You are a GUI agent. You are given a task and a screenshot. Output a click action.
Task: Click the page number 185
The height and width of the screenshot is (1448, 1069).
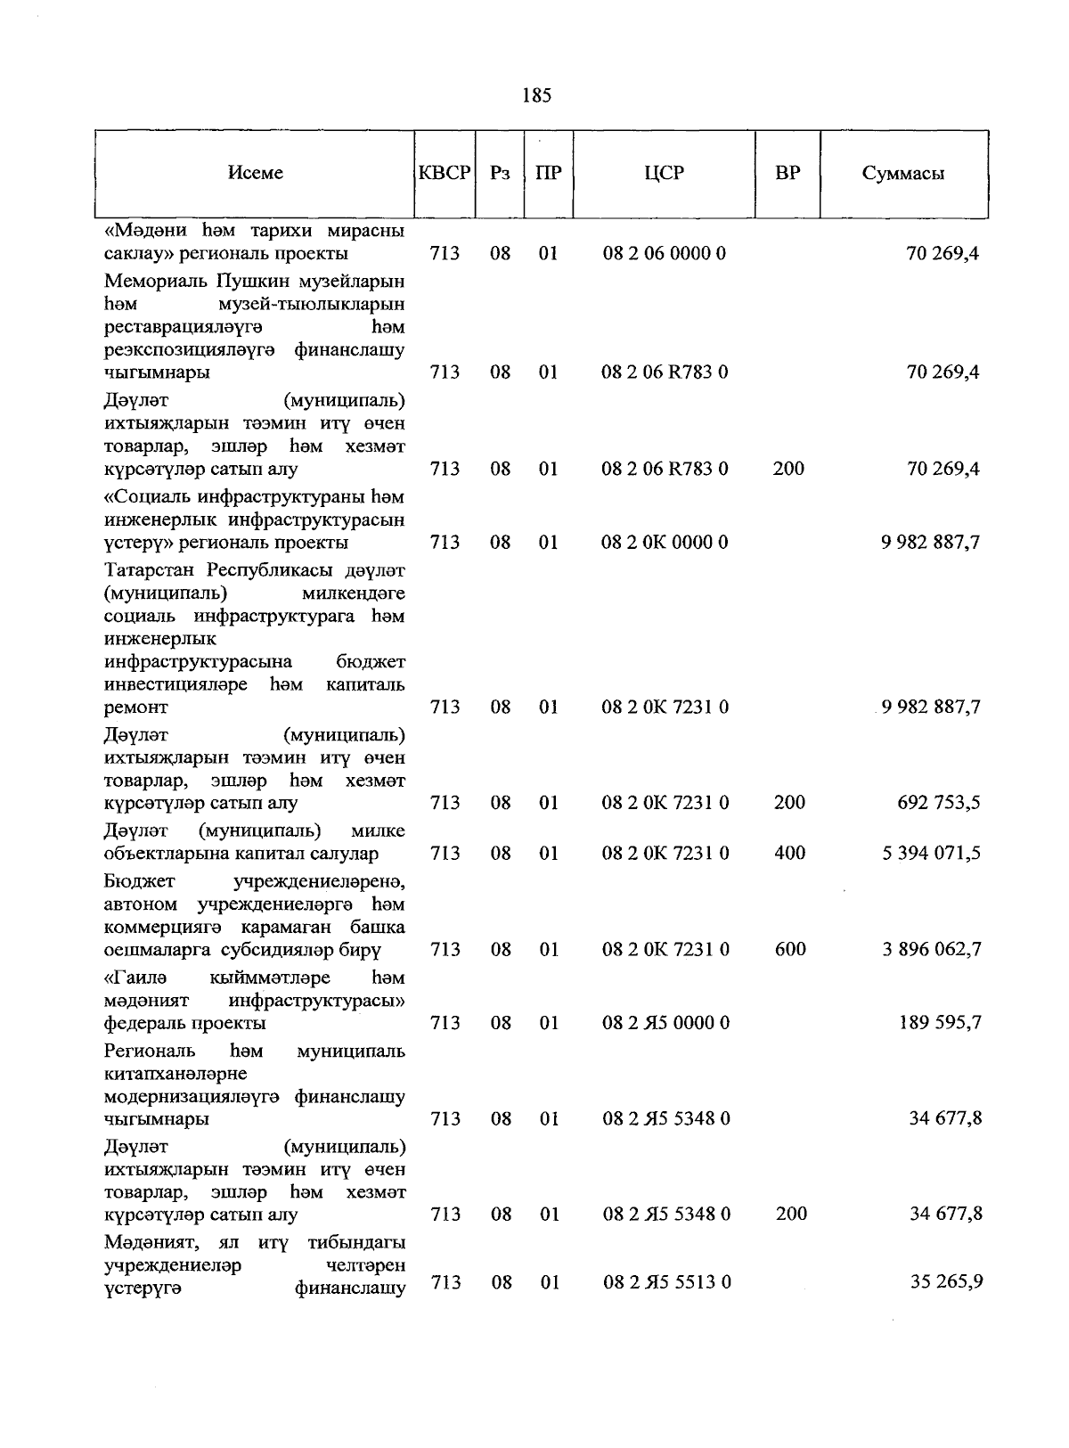(x=537, y=95)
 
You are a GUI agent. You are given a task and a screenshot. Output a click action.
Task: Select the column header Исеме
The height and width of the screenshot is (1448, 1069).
(x=256, y=173)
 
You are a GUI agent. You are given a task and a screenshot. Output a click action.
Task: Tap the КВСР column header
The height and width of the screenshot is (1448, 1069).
(x=445, y=173)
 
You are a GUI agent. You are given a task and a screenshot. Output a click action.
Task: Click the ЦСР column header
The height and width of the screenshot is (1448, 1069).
(x=665, y=173)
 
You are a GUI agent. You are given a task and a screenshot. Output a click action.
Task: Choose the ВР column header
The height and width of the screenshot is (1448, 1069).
(x=787, y=173)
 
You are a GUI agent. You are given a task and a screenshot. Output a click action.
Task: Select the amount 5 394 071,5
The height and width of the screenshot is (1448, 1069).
(x=932, y=854)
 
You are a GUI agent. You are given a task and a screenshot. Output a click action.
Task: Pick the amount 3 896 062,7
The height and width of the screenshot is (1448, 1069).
(x=932, y=950)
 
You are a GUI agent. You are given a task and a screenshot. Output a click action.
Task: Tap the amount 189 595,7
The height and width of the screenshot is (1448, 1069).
(x=939, y=1023)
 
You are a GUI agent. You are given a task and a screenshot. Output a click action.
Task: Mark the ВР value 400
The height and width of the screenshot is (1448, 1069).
(x=790, y=854)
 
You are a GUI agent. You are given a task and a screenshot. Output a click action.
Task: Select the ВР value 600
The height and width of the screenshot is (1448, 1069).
(x=790, y=950)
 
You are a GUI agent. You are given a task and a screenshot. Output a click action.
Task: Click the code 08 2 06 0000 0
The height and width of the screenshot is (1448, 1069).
(x=664, y=254)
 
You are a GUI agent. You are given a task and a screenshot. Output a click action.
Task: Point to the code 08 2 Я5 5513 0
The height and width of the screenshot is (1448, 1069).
(x=666, y=1283)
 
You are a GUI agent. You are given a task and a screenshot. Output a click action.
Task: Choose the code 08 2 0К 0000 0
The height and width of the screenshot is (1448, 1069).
(x=665, y=543)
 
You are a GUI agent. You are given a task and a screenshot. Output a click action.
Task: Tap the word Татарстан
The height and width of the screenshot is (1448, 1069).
(x=150, y=569)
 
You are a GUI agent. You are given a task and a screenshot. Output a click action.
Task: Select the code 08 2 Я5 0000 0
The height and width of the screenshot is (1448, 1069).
(x=665, y=1023)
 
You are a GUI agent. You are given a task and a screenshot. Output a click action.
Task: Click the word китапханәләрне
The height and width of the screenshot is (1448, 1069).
(x=175, y=1074)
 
